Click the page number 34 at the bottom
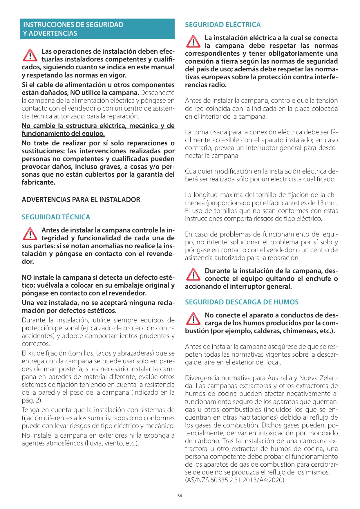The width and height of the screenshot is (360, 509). [x=180, y=496]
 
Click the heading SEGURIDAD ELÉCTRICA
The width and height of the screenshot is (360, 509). [x=223, y=25]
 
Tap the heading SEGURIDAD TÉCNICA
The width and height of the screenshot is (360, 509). [x=56, y=217]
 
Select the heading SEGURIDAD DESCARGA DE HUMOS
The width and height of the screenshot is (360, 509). [x=242, y=302]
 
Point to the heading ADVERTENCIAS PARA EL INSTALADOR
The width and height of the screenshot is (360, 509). [x=81, y=200]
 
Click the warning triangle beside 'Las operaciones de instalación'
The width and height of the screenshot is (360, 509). [x=30, y=55]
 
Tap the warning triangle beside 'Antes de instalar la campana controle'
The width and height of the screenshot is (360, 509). [x=30, y=234]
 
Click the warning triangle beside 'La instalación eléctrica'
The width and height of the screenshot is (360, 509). [x=193, y=41]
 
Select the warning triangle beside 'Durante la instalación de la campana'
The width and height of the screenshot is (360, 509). [x=193, y=274]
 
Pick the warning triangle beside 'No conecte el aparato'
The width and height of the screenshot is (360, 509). [x=193, y=319]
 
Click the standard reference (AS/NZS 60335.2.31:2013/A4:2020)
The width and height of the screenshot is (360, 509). [x=234, y=480]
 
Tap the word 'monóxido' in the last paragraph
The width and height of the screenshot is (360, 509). [x=325, y=433]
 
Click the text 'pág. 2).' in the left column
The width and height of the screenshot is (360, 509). [x=32, y=400]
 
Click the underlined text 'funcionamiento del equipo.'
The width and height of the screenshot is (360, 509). [x=63, y=134]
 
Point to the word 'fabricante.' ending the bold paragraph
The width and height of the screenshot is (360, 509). [x=39, y=183]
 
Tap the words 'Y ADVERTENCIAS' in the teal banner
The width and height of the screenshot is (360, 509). [x=50, y=33]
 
